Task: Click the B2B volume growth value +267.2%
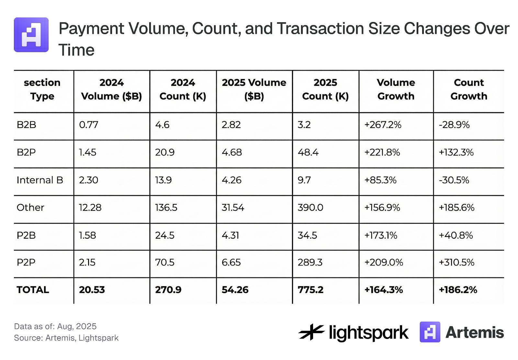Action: [x=383, y=125]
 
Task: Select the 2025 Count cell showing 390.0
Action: [x=310, y=208]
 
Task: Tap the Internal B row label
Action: [x=40, y=180]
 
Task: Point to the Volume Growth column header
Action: [x=396, y=89]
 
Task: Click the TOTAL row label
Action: [x=33, y=290]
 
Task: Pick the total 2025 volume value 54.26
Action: [x=235, y=290]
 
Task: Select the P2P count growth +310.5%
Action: [x=456, y=262]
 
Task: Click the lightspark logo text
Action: [x=368, y=333]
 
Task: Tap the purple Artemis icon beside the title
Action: [x=31, y=35]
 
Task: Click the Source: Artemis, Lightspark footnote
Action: [x=66, y=338]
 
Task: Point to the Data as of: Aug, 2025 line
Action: [x=55, y=326]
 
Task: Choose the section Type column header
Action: [x=42, y=89]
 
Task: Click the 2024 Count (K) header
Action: [x=183, y=89]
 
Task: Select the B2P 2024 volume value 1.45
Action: [x=87, y=152]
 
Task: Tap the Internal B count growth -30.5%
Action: [x=454, y=180]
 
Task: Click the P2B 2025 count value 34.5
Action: [x=307, y=235]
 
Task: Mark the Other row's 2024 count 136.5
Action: [x=166, y=208]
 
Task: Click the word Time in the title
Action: [x=76, y=50]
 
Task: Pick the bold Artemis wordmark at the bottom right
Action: [x=474, y=332]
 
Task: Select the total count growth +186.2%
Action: [x=457, y=290]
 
